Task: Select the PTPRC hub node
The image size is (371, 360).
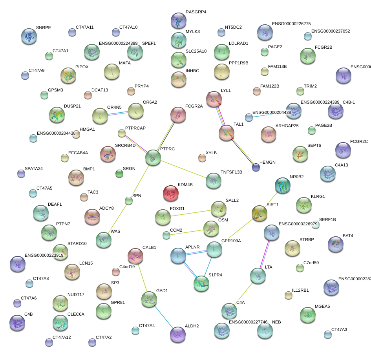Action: tap(153, 157)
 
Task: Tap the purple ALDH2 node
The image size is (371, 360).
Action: tap(178, 334)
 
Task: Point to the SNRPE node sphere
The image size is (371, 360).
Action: tap(29, 36)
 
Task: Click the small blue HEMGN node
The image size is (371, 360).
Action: tap(256, 168)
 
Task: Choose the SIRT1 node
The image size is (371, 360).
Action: tap(259, 213)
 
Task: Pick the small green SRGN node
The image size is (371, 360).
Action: tap(119, 173)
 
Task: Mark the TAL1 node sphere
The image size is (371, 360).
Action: tap(227, 133)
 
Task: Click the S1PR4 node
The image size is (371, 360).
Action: tap(201, 283)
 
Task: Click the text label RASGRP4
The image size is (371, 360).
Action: tap(196, 12)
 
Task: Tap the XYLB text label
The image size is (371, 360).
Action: tap(211, 153)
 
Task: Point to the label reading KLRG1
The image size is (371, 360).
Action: tap(318, 196)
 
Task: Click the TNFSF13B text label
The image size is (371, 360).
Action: tap(231, 172)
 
